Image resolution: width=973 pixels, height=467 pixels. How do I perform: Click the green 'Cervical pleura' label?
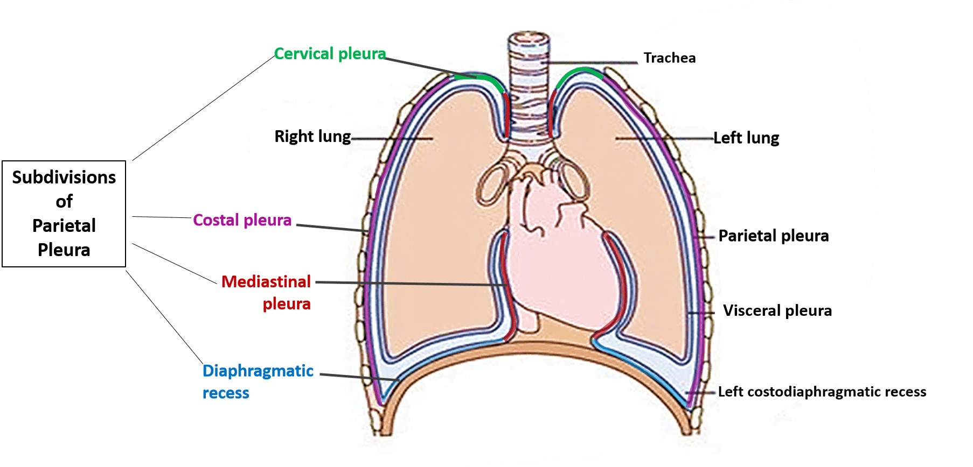pyautogui.click(x=330, y=54)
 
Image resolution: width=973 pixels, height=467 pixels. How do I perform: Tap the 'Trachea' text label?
pyautogui.click(x=669, y=58)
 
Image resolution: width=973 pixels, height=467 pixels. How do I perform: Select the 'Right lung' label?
pyautogui.click(x=312, y=137)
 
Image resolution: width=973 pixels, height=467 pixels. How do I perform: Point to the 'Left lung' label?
pyautogui.click(x=746, y=138)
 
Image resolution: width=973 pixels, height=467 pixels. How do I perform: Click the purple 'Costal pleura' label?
pyautogui.click(x=242, y=220)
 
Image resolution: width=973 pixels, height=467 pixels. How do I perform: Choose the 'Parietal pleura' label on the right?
pyautogui.click(x=773, y=236)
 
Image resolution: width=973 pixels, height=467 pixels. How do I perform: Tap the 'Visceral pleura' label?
pyautogui.click(x=777, y=310)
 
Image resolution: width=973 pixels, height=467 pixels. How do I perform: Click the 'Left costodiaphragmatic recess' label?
pyautogui.click(x=822, y=392)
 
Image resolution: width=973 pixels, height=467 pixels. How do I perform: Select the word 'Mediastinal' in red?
pyautogui.click(x=266, y=281)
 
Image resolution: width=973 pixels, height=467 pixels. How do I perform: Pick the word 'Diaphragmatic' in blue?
pyautogui.click(x=258, y=371)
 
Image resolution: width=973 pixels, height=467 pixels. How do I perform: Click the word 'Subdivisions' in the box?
pyautogui.click(x=64, y=178)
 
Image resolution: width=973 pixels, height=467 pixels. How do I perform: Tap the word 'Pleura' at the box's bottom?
pyautogui.click(x=64, y=250)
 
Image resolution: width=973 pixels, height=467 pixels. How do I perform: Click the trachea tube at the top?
pyautogui.click(x=529, y=81)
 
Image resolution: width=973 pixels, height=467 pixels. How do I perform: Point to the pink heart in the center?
pyautogui.click(x=560, y=258)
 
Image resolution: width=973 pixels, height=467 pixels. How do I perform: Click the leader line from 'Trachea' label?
pyautogui.click(x=593, y=62)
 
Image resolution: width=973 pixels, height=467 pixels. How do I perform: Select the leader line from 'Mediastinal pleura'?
pyautogui.click(x=409, y=283)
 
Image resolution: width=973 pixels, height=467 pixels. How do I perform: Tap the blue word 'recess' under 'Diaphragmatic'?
pyautogui.click(x=226, y=393)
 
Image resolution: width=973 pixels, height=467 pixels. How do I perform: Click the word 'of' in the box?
pyautogui.click(x=64, y=202)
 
